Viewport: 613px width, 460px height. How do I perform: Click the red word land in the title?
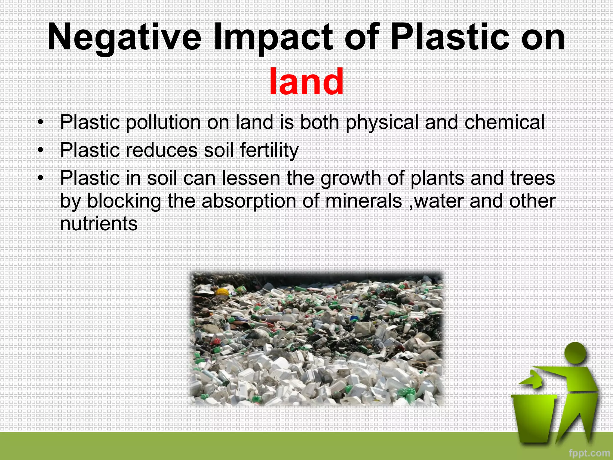coord(306,82)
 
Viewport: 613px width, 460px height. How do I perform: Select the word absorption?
coord(249,201)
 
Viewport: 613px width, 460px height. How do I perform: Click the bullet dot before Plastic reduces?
coord(40,150)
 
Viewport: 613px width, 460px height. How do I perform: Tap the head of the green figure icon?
coord(575,353)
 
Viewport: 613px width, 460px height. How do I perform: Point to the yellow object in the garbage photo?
coord(222,292)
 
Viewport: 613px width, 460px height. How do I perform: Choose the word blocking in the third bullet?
coord(124,201)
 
